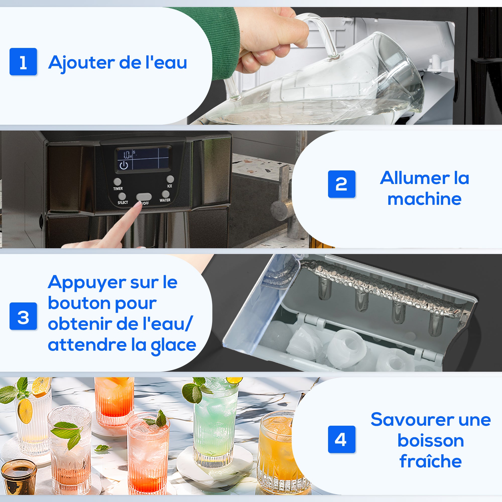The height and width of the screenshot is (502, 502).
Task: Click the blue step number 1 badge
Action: pos(23,61)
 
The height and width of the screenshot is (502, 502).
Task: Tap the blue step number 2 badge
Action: pos(341,184)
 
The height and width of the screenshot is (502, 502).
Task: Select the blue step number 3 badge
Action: pos(23,316)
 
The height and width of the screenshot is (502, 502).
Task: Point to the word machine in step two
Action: pos(424,199)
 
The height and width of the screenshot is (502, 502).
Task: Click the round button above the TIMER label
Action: pos(117,181)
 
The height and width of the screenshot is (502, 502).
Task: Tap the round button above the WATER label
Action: pos(165,194)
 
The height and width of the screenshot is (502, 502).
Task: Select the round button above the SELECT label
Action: pos(122,196)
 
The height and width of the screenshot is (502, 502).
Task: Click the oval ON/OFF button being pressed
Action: pos(144,197)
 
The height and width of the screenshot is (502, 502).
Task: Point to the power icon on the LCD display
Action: pos(124,165)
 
